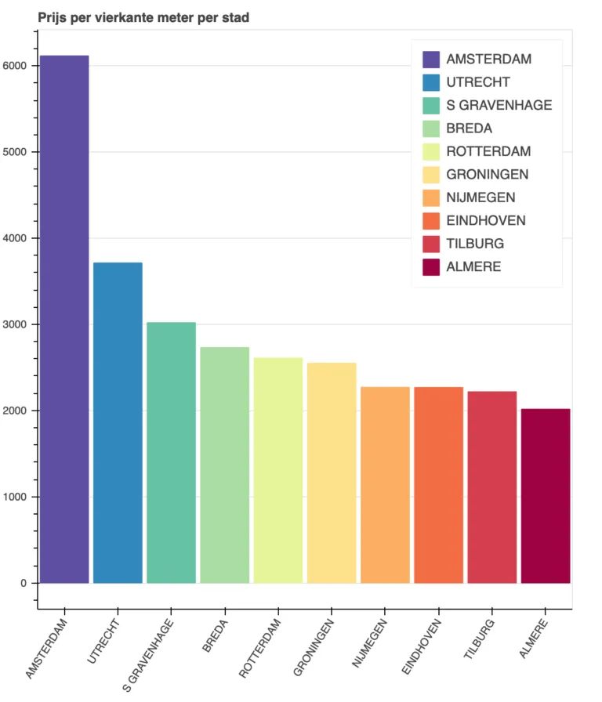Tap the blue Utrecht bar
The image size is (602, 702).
tap(118, 423)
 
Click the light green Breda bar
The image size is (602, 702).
tap(224, 465)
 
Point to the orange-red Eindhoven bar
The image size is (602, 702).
tap(438, 485)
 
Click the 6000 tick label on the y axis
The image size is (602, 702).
tap(16, 66)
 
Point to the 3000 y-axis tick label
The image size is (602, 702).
tap(16, 324)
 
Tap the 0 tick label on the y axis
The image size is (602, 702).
tap(24, 584)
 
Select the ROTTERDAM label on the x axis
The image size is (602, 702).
tap(259, 647)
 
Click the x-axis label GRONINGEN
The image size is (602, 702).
tap(314, 647)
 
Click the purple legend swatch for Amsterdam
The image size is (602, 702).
tap(431, 60)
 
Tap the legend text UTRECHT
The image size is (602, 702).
tap(478, 82)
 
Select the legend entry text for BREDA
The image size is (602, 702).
tap(469, 128)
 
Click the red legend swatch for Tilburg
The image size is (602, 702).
tap(431, 244)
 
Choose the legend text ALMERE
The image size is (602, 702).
tap(473, 267)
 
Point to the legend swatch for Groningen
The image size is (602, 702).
tap(431, 175)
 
